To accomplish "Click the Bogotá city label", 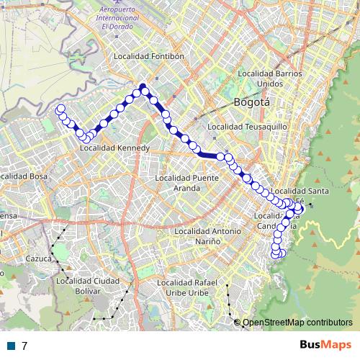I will [x=251, y=102].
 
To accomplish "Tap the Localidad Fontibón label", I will [x=151, y=55].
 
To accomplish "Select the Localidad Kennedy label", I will [x=114, y=148].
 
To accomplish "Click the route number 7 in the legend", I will [x=25, y=346].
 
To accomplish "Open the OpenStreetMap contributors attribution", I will [x=297, y=323].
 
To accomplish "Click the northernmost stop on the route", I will [x=143, y=87].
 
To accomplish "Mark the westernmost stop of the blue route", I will [x=60, y=109].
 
